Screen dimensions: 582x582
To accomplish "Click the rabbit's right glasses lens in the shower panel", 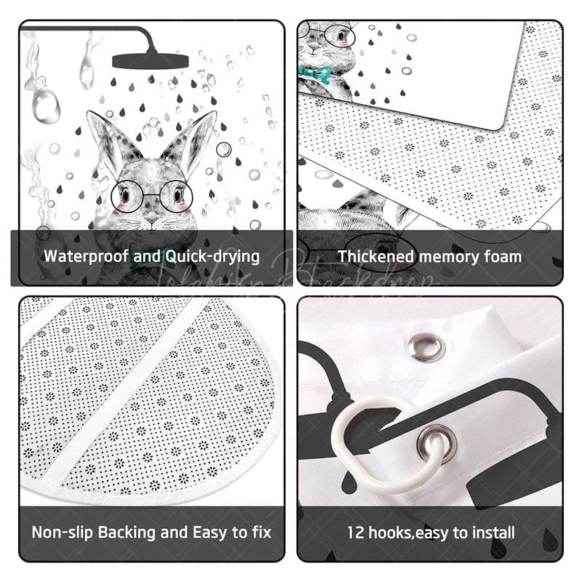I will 175,196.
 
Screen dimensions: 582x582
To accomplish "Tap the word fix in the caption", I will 259,532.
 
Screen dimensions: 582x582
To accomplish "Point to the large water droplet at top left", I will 46,105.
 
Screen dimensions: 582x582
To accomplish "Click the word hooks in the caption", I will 391,532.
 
